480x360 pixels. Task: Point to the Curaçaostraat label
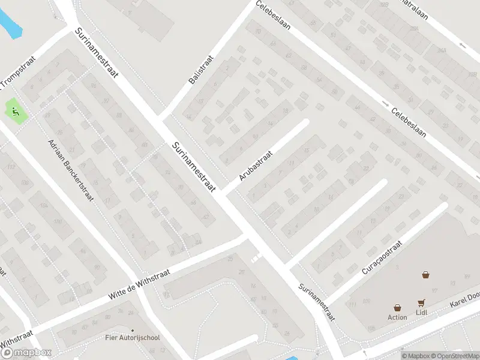(x=381, y=256)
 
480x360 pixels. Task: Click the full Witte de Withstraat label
(x=139, y=285)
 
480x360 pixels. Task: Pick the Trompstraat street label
(x=19, y=71)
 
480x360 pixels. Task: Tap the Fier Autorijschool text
(x=133, y=338)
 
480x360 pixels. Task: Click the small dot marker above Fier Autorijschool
(x=133, y=329)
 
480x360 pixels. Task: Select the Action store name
(x=397, y=317)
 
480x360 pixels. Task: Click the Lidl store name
(x=422, y=313)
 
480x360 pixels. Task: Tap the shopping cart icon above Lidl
(x=422, y=304)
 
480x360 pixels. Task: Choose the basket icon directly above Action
(x=397, y=307)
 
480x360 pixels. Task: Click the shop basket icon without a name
(x=425, y=275)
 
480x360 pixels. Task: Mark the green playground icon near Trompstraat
(x=15, y=111)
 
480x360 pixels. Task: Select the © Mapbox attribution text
(x=416, y=356)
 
